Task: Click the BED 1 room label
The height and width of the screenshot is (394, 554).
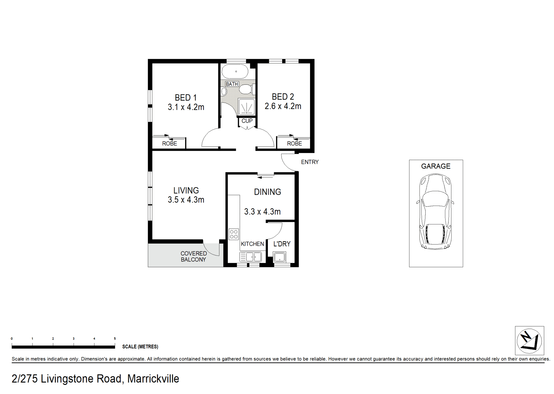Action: coord(186,97)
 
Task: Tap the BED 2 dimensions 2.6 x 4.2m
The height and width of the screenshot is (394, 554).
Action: coord(283,106)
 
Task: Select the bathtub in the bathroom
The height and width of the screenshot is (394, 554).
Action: coord(235,71)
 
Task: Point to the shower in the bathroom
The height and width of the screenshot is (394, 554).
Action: coord(246,107)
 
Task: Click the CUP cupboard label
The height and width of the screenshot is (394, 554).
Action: coord(247,121)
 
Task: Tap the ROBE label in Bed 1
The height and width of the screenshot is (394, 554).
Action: coord(170,144)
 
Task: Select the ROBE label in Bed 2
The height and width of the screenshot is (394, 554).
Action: coord(295,144)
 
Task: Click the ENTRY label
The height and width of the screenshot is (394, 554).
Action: coord(310,162)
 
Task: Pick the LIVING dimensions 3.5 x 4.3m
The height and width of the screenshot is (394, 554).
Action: coord(186,200)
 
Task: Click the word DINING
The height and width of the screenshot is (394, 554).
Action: coord(268,192)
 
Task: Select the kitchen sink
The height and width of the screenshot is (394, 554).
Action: coord(250,257)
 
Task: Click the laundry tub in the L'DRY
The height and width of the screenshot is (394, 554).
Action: coord(279,257)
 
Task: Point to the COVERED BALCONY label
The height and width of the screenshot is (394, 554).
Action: coord(194,257)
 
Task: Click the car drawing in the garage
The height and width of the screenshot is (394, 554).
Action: coord(435,211)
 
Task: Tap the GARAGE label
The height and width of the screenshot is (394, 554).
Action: coord(436,166)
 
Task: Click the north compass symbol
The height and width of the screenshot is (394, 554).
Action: coord(529,341)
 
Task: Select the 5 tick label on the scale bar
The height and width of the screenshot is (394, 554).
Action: coord(115,339)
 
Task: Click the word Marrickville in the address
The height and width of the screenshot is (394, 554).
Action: coord(153,379)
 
